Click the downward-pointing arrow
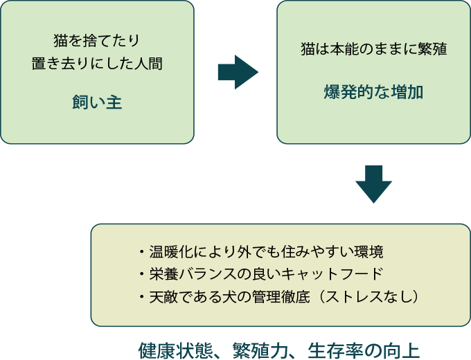tap(374, 183)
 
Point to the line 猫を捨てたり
tap(97, 40)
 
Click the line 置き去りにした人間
tap(97, 64)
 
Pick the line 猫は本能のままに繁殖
tap(373, 50)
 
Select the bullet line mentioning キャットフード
tap(260, 273)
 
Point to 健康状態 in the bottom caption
tap(166, 347)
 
